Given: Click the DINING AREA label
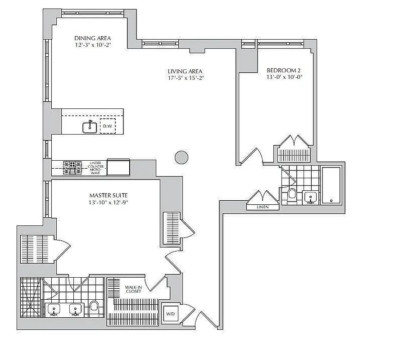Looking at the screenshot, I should pyautogui.click(x=92, y=38).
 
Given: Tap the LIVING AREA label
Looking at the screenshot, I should pyautogui.click(x=185, y=71).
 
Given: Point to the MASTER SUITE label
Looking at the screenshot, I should pyautogui.click(x=108, y=195).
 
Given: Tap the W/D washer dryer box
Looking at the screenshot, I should pyautogui.click(x=170, y=313).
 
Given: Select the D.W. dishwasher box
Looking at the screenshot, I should pyautogui.click(x=107, y=126).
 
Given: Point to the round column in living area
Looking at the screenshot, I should pyautogui.click(x=181, y=157).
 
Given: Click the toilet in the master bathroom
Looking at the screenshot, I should pyautogui.click(x=94, y=307).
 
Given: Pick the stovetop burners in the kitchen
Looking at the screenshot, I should pyautogui.click(x=72, y=167).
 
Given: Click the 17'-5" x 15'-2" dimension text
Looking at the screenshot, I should pyautogui.click(x=185, y=78).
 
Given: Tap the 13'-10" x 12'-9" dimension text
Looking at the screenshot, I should pyautogui.click(x=108, y=202).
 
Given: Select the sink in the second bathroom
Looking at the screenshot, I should pyautogui.click(x=310, y=197).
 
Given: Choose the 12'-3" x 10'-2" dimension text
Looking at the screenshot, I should pyautogui.click(x=92, y=45).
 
